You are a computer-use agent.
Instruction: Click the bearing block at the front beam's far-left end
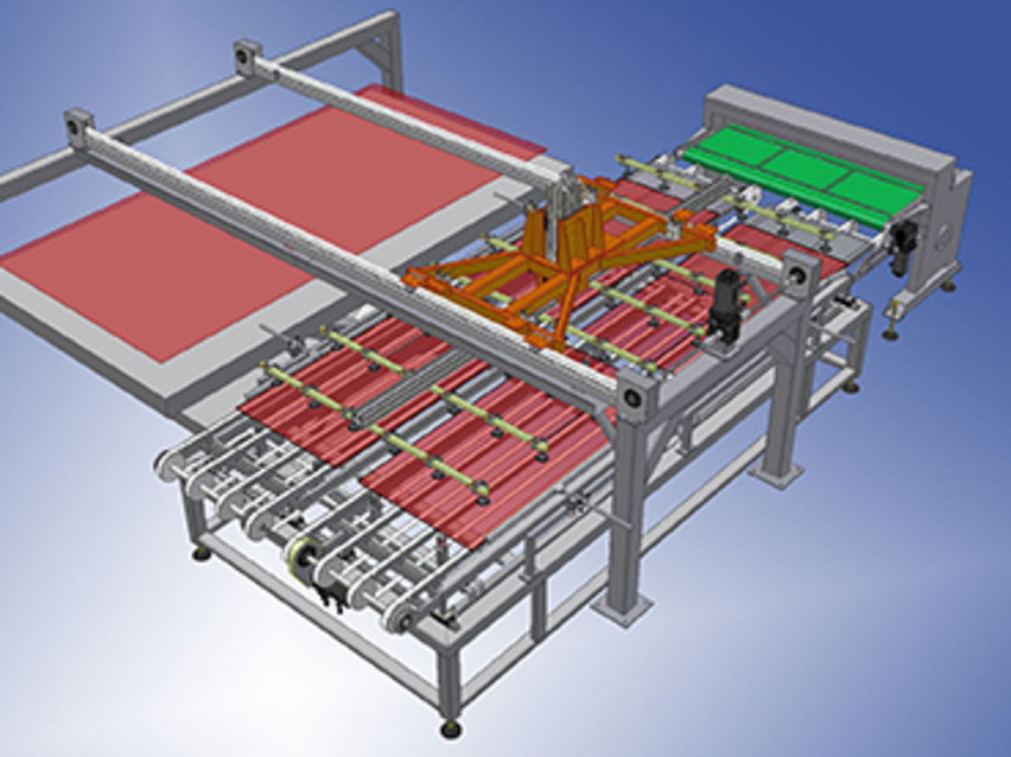click(x=79, y=126)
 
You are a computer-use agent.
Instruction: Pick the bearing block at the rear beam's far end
click(x=249, y=54)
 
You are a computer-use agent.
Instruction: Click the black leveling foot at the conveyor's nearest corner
click(x=450, y=730)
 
